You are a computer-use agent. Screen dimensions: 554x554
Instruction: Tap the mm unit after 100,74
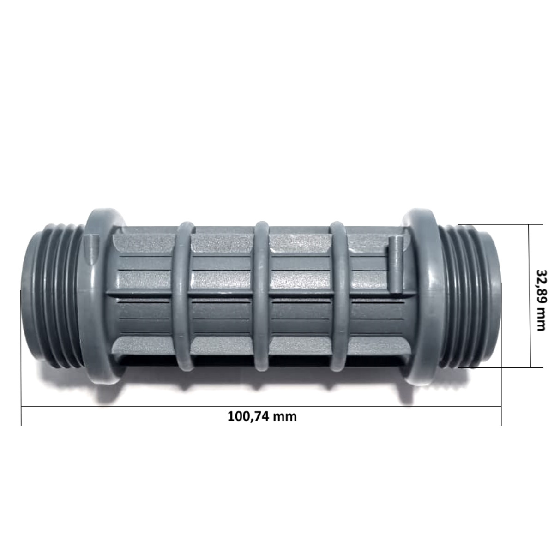[284, 416]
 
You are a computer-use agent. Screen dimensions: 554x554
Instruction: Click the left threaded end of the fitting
[51, 295]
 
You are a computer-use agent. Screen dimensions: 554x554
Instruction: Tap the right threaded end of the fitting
[471, 295]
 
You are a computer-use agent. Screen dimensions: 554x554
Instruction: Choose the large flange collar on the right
[420, 295]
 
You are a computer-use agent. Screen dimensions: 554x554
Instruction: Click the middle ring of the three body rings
[262, 295]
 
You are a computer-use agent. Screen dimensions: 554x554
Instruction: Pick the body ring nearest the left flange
[183, 295]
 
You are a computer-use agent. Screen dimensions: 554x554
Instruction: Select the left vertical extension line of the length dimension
[21, 369]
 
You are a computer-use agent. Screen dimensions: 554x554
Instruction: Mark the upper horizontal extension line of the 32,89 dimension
[508, 224]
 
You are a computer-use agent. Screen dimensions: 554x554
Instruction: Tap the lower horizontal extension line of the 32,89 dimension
[508, 367]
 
